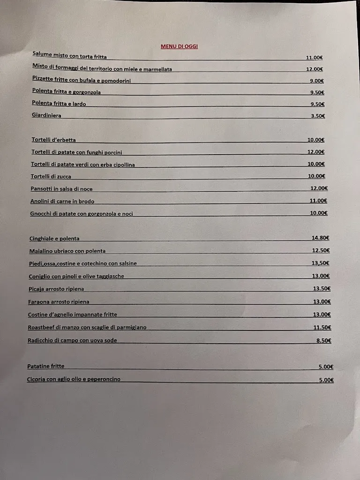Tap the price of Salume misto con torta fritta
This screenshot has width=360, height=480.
[x=314, y=58]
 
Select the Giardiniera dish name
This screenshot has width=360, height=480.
[x=46, y=115]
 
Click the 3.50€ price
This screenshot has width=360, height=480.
[x=317, y=116]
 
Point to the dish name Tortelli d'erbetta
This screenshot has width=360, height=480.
[x=53, y=140]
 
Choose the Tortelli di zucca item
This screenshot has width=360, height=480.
[x=51, y=176]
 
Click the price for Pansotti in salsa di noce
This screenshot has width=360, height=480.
[x=319, y=188]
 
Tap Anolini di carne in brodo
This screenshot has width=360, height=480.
[x=62, y=201]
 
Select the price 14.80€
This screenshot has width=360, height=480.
[x=321, y=238]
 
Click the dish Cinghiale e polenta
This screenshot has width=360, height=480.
[x=54, y=239]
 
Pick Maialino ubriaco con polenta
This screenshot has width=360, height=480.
[x=67, y=251]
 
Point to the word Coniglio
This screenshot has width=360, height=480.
[x=39, y=276]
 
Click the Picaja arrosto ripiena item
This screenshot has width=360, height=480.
[x=56, y=289]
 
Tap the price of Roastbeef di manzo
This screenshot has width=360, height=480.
[x=322, y=327]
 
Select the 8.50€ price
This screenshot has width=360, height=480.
[x=323, y=340]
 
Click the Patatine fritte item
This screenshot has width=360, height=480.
[x=46, y=366]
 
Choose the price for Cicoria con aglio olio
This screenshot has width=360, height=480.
[x=326, y=380]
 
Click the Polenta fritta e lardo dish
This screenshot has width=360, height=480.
[x=59, y=104]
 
